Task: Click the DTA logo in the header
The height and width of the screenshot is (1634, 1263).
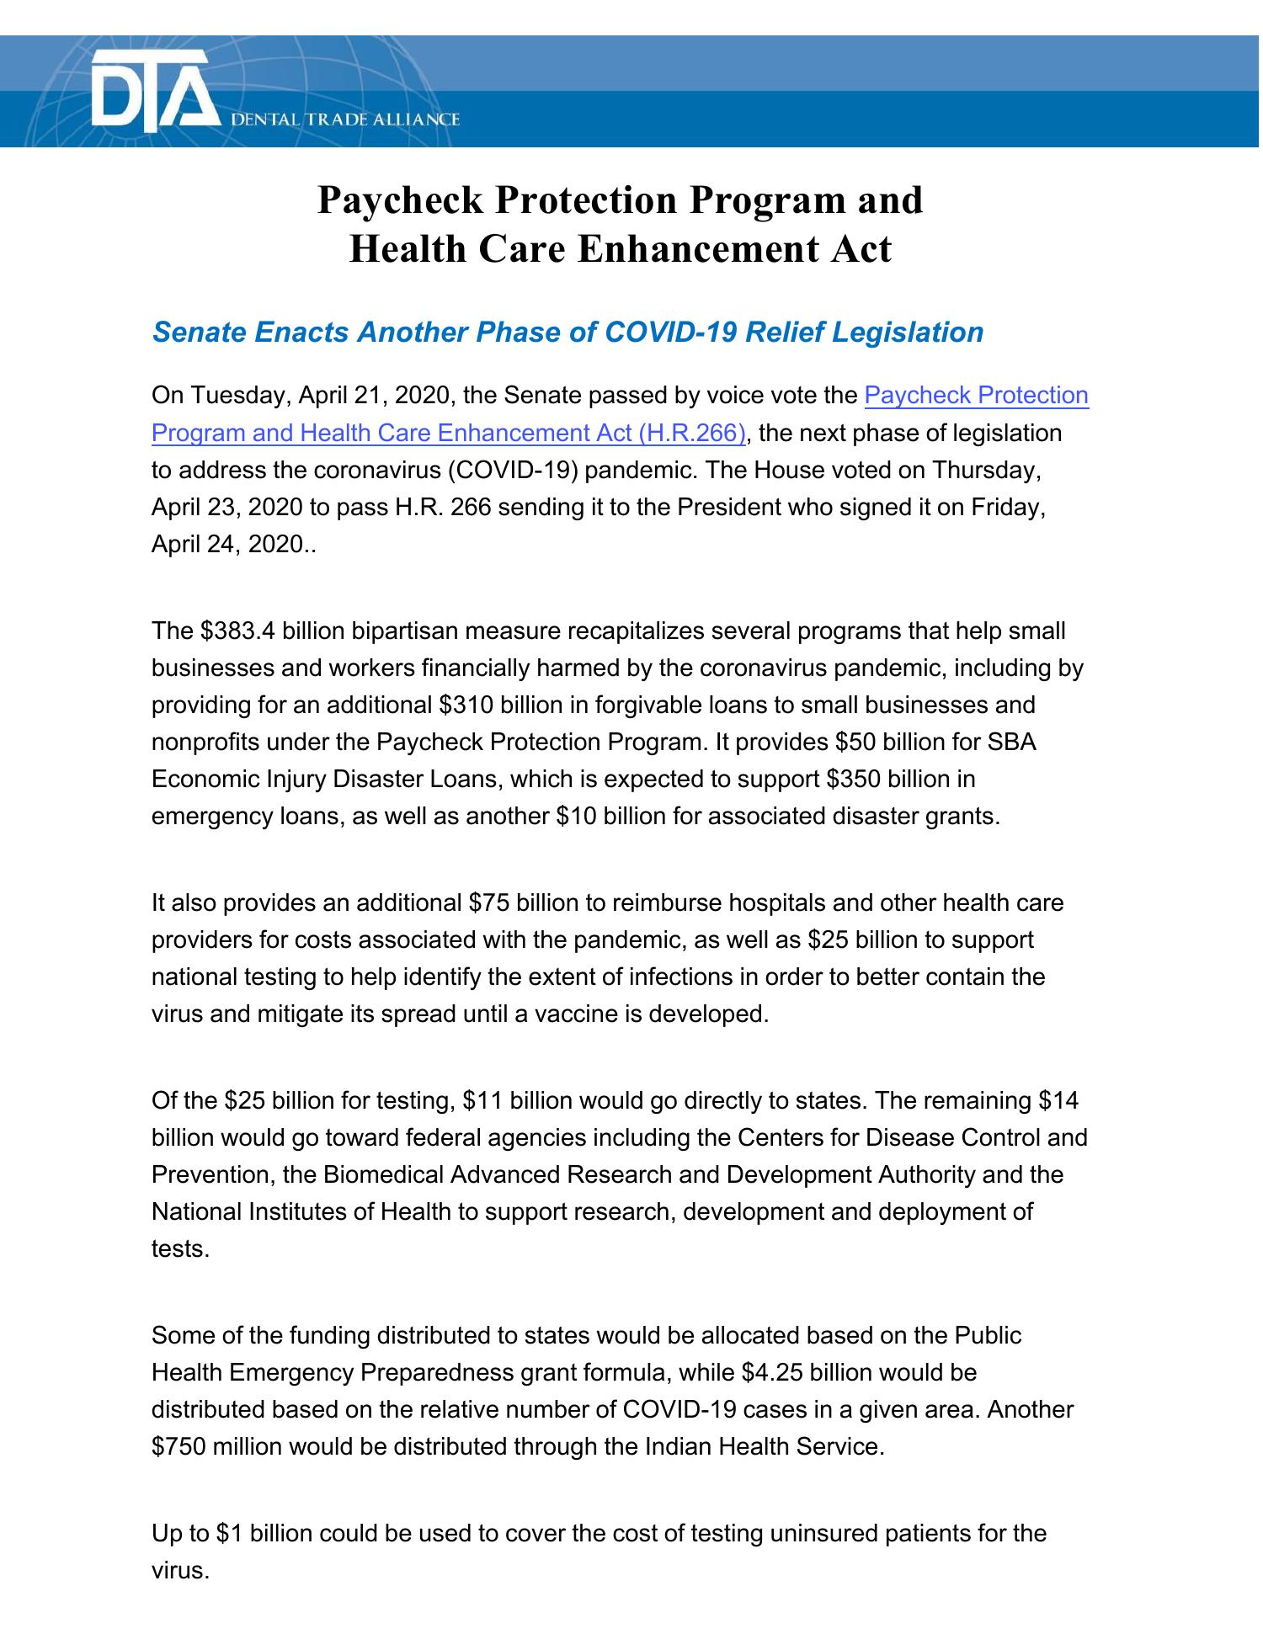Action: click(x=150, y=91)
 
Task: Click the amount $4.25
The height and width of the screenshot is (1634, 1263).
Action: click(x=775, y=1373)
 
